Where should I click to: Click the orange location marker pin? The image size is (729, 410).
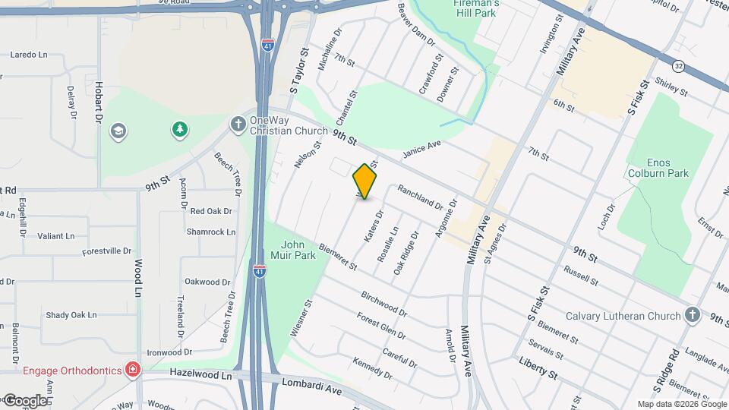pos(365,181)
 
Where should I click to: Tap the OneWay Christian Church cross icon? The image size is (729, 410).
pos(238,123)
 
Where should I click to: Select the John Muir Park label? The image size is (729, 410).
pos(298,250)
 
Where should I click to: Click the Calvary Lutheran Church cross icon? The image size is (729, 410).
pos(692,315)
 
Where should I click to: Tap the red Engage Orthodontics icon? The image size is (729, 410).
pos(134,370)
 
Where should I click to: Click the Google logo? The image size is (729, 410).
pos(24,400)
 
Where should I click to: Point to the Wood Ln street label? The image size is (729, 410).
pos(138,278)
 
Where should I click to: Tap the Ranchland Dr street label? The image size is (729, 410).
pos(419,198)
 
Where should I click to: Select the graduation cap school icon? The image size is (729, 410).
pos(118,131)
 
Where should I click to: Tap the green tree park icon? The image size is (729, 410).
pos(179,130)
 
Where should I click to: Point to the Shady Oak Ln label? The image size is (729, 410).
pos(71,314)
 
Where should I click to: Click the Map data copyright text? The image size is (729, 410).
pos(681,404)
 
